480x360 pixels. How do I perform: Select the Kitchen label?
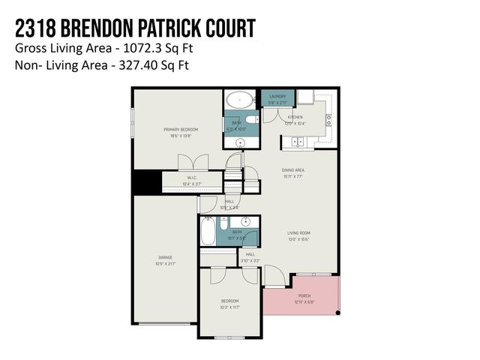click(295, 118)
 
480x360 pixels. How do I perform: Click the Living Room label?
click(298, 233)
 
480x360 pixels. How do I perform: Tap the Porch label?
click(304, 295)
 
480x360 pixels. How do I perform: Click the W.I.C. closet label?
click(192, 178)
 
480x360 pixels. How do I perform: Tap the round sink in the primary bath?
click(241, 142)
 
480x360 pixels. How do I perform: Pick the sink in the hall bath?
click(245, 223)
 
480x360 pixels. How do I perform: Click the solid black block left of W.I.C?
click(147, 182)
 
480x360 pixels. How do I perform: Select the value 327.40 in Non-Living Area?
click(135, 64)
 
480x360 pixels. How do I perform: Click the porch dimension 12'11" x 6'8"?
click(304, 301)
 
